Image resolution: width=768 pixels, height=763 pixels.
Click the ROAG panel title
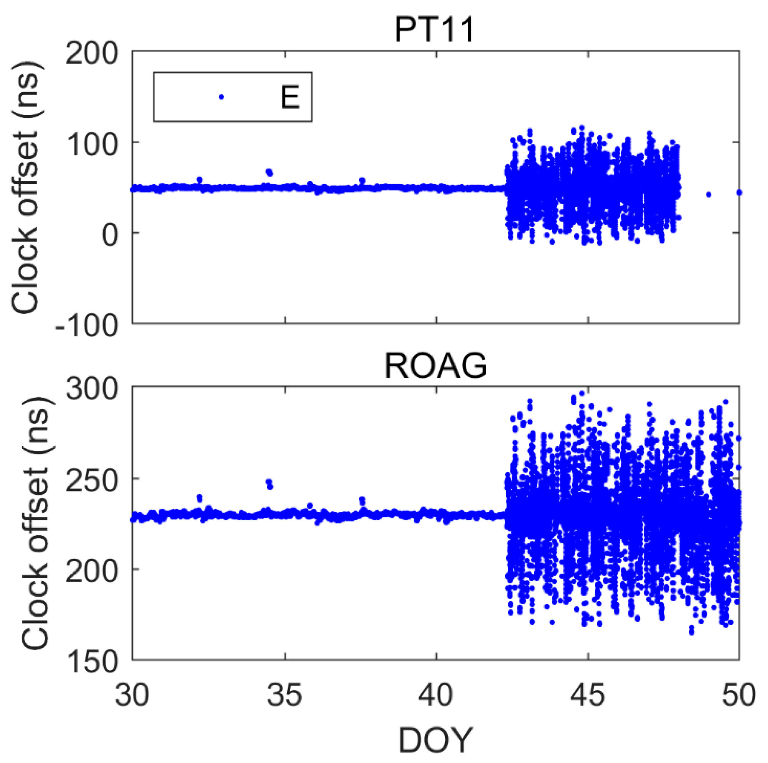(436, 366)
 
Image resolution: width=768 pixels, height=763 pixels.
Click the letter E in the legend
(289, 97)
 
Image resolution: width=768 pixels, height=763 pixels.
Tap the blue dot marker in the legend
(221, 97)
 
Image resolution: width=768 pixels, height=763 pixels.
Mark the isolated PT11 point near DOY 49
(708, 195)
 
